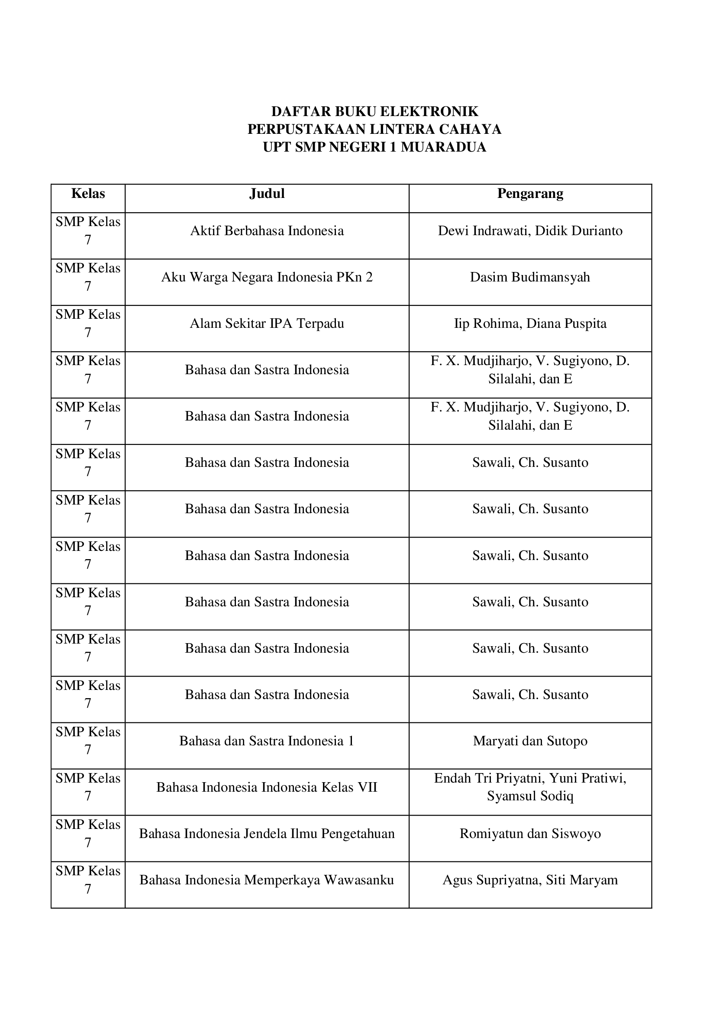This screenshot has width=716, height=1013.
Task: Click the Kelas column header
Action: [88, 194]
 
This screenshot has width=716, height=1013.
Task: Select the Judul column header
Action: [267, 194]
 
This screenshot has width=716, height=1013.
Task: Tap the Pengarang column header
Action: [530, 194]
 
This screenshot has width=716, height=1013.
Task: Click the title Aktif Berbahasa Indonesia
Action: [267, 231]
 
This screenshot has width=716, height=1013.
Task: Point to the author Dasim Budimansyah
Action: [530, 277]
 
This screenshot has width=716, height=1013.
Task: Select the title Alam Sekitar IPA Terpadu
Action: [267, 324]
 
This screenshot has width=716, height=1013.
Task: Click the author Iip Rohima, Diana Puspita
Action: [530, 324]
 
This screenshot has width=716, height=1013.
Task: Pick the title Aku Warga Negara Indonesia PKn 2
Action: [267, 277]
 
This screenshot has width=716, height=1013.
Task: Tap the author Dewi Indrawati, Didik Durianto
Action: [530, 231]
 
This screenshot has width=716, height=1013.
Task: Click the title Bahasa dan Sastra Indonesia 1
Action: [267, 741]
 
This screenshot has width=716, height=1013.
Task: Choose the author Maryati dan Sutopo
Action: [530, 741]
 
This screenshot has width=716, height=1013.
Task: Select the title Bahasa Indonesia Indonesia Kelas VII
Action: [267, 787]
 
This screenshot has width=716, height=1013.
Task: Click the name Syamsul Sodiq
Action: [530, 796]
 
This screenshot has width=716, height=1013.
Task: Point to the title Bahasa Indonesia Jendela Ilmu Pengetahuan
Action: [267, 833]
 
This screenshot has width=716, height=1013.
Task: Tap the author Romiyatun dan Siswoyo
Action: [530, 833]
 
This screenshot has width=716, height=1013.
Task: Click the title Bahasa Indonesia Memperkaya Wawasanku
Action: [267, 880]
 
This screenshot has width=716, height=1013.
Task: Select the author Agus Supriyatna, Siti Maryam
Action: [530, 880]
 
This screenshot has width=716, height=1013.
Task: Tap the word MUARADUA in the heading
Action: [444, 147]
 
